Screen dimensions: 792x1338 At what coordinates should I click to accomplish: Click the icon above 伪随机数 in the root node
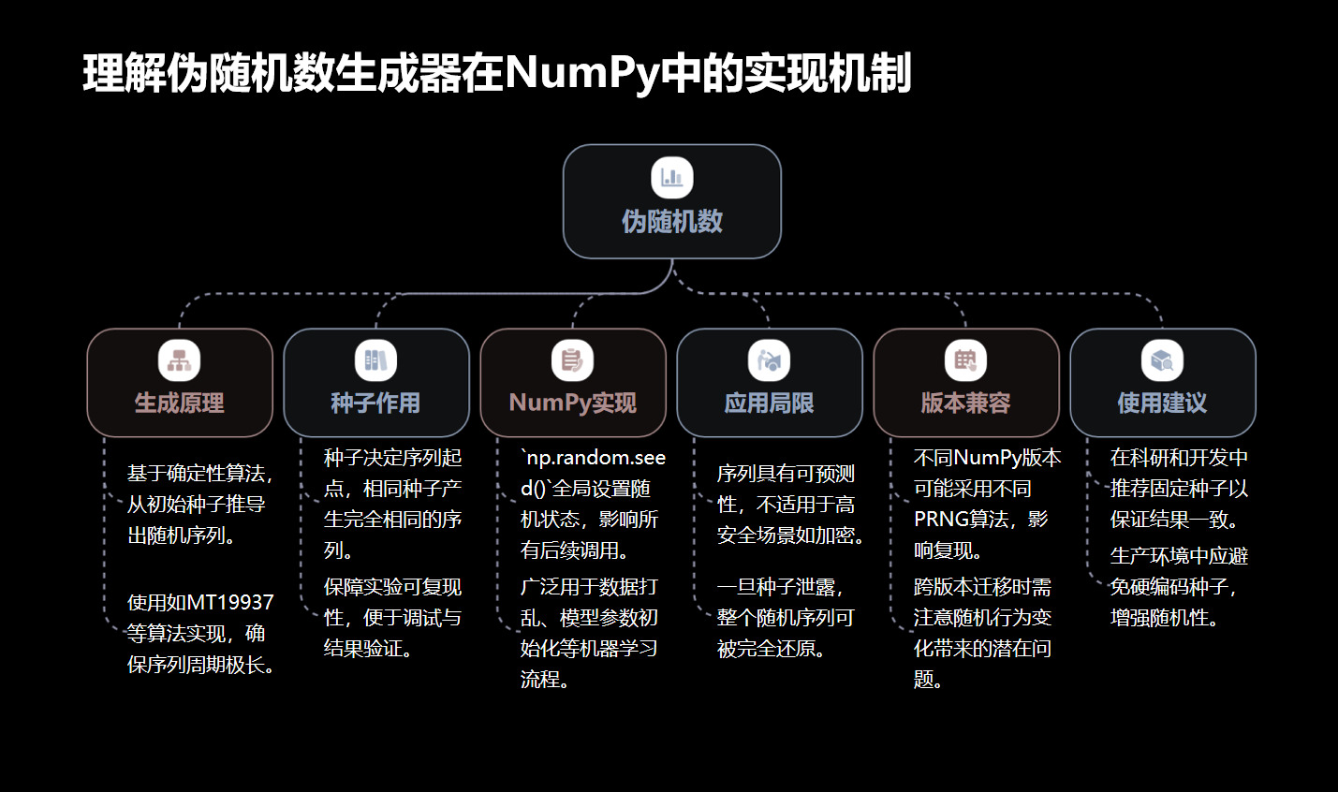point(672,178)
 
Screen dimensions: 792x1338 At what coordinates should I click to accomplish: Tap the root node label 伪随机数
point(672,222)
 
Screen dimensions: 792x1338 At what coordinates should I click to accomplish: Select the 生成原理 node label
point(180,403)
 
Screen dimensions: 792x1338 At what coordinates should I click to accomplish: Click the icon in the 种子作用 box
point(375,360)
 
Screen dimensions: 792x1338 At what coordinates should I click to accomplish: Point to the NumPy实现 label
point(573,403)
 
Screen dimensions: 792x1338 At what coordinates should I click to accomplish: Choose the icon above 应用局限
point(769,360)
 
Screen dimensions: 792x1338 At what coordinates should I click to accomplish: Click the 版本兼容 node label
point(965,403)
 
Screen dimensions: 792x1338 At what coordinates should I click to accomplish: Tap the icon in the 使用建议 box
point(1162,360)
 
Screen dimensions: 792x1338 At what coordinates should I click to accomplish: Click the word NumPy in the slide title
point(581,73)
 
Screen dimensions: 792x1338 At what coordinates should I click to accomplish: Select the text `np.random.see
point(594,458)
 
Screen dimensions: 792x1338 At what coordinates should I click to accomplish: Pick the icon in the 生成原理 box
point(180,360)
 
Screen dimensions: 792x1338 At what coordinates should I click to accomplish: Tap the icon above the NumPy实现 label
point(572,360)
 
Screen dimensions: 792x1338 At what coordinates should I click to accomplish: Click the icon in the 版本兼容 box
point(965,360)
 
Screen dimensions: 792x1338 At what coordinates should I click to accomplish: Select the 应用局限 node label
point(769,403)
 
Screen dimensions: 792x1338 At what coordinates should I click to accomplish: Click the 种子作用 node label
point(375,403)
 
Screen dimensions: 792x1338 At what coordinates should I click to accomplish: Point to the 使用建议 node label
point(1162,403)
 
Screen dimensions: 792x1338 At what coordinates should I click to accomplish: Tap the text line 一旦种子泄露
point(780,587)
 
